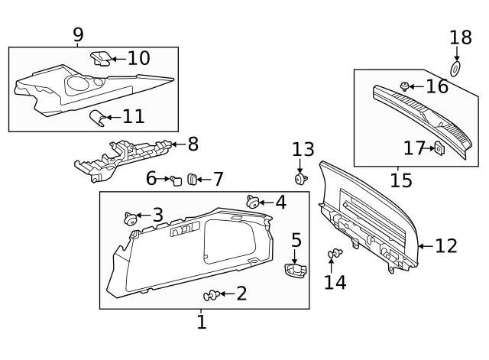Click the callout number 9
78,34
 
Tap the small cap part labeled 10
100,58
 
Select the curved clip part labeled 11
96,117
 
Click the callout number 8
193,144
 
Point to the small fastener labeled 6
176,180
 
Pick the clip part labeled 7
193,180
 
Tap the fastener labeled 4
252,202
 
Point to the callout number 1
201,323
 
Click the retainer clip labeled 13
301,179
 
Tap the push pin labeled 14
335,254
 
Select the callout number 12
446,245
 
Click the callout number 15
400,180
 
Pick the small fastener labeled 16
406,86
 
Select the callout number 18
460,37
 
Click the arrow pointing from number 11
110,117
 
